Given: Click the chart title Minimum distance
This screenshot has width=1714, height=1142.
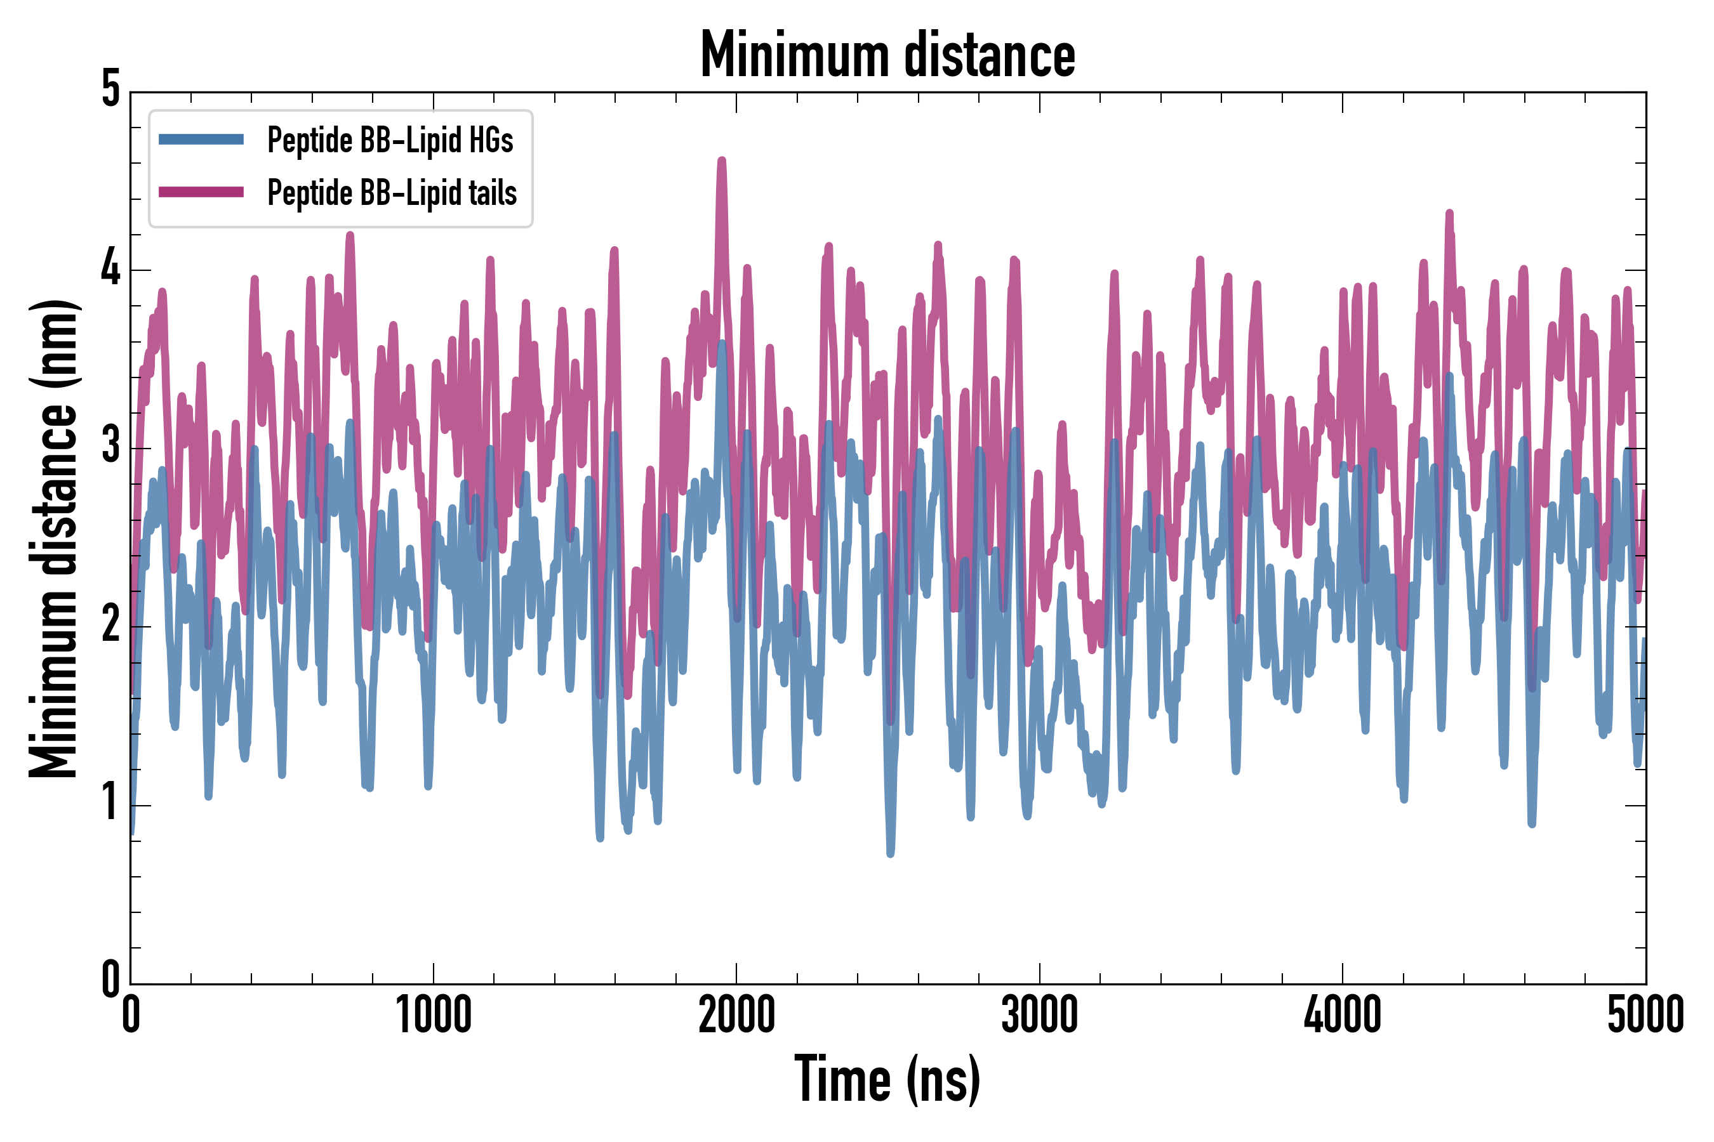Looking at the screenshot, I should pyautogui.click(x=887, y=55).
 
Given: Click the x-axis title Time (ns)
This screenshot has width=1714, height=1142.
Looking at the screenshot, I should pyautogui.click(x=887, y=1079).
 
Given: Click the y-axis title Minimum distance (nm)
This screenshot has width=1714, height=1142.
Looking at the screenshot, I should pyautogui.click(x=53, y=538).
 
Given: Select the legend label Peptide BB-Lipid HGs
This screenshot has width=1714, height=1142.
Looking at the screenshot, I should pyautogui.click(x=390, y=140).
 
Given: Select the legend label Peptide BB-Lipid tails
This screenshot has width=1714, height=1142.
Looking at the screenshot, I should pyautogui.click(x=392, y=193).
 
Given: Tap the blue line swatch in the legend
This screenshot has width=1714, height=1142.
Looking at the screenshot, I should pyautogui.click(x=201, y=139).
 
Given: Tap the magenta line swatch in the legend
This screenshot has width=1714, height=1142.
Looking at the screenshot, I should pyautogui.click(x=201, y=192).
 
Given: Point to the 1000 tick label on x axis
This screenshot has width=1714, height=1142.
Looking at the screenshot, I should pyautogui.click(x=434, y=1015).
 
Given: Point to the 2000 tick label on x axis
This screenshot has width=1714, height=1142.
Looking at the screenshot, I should pyautogui.click(x=736, y=1015).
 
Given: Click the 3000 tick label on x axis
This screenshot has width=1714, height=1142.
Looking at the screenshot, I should pyautogui.click(x=1039, y=1015).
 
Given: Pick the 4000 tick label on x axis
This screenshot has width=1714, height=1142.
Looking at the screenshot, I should pyautogui.click(x=1343, y=1015).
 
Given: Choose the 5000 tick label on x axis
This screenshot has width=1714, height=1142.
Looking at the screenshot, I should pyautogui.click(x=1645, y=1015).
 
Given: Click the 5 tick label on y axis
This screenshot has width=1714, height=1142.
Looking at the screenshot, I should pyautogui.click(x=110, y=89).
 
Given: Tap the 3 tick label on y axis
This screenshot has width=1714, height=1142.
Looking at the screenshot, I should pyautogui.click(x=110, y=447).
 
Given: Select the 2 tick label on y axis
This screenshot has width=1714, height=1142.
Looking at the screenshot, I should pyautogui.click(x=110, y=625).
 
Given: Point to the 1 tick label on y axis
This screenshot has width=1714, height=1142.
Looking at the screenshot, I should pyautogui.click(x=110, y=803).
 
